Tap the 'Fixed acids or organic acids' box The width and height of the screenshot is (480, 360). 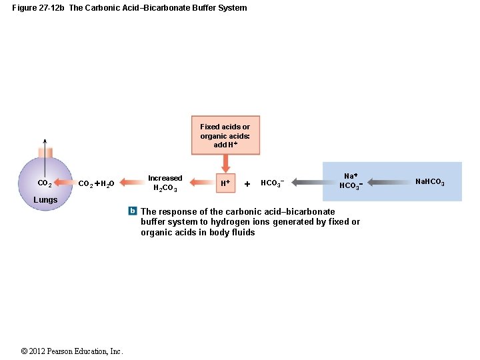pos(225,135)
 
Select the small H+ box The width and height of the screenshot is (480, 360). pos(225,183)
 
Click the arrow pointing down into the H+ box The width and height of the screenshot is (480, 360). pos(225,163)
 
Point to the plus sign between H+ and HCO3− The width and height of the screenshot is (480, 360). pos(247,183)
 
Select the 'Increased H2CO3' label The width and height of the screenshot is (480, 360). pos(165,183)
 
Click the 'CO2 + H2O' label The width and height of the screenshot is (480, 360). pos(96,183)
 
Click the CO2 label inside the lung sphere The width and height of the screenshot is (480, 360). pos(45,183)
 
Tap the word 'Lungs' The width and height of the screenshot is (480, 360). pos(45,200)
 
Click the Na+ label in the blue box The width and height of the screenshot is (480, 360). pos(351,175)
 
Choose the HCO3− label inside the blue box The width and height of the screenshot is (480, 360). pos(351,186)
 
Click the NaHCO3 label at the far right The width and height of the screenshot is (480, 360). pos(429,182)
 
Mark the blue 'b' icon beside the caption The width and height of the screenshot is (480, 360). pos(133,211)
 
